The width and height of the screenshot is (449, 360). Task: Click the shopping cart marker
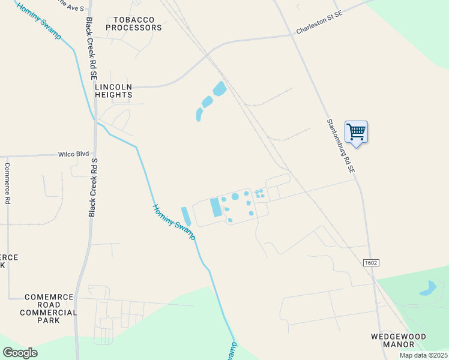[x=356, y=132]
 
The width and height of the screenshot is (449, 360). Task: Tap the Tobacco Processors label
[x=134, y=23]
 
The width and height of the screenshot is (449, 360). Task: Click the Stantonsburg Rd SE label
[x=340, y=146]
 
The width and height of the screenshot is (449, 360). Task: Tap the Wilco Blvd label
[x=73, y=154]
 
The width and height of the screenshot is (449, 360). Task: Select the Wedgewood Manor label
[x=399, y=340]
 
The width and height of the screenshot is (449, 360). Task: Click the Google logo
[x=20, y=353]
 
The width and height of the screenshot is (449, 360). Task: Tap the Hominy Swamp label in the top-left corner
[x=38, y=21]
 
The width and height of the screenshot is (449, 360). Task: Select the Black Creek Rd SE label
[x=91, y=49]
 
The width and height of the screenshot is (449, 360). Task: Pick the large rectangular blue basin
[x=215, y=208]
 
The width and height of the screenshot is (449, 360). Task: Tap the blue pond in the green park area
[x=427, y=289]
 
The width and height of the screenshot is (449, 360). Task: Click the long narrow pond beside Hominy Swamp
[x=186, y=217]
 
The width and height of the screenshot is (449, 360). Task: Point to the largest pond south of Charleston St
[x=219, y=89]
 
